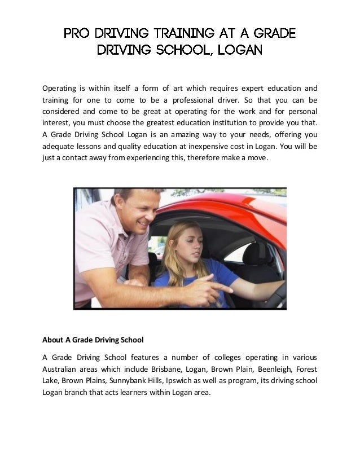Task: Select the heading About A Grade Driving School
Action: click(x=93, y=340)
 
